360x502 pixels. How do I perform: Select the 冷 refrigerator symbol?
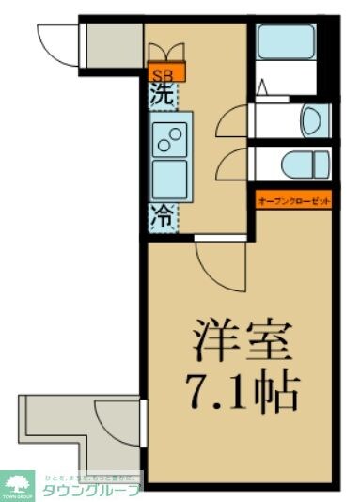[x=162, y=215]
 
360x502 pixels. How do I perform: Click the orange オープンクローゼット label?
[x=292, y=199]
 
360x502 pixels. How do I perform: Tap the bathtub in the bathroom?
[x=286, y=43]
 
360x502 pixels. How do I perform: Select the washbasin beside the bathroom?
[x=312, y=119]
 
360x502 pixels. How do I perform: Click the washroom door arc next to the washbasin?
[x=230, y=122]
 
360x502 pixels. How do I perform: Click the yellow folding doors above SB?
[x=167, y=52]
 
